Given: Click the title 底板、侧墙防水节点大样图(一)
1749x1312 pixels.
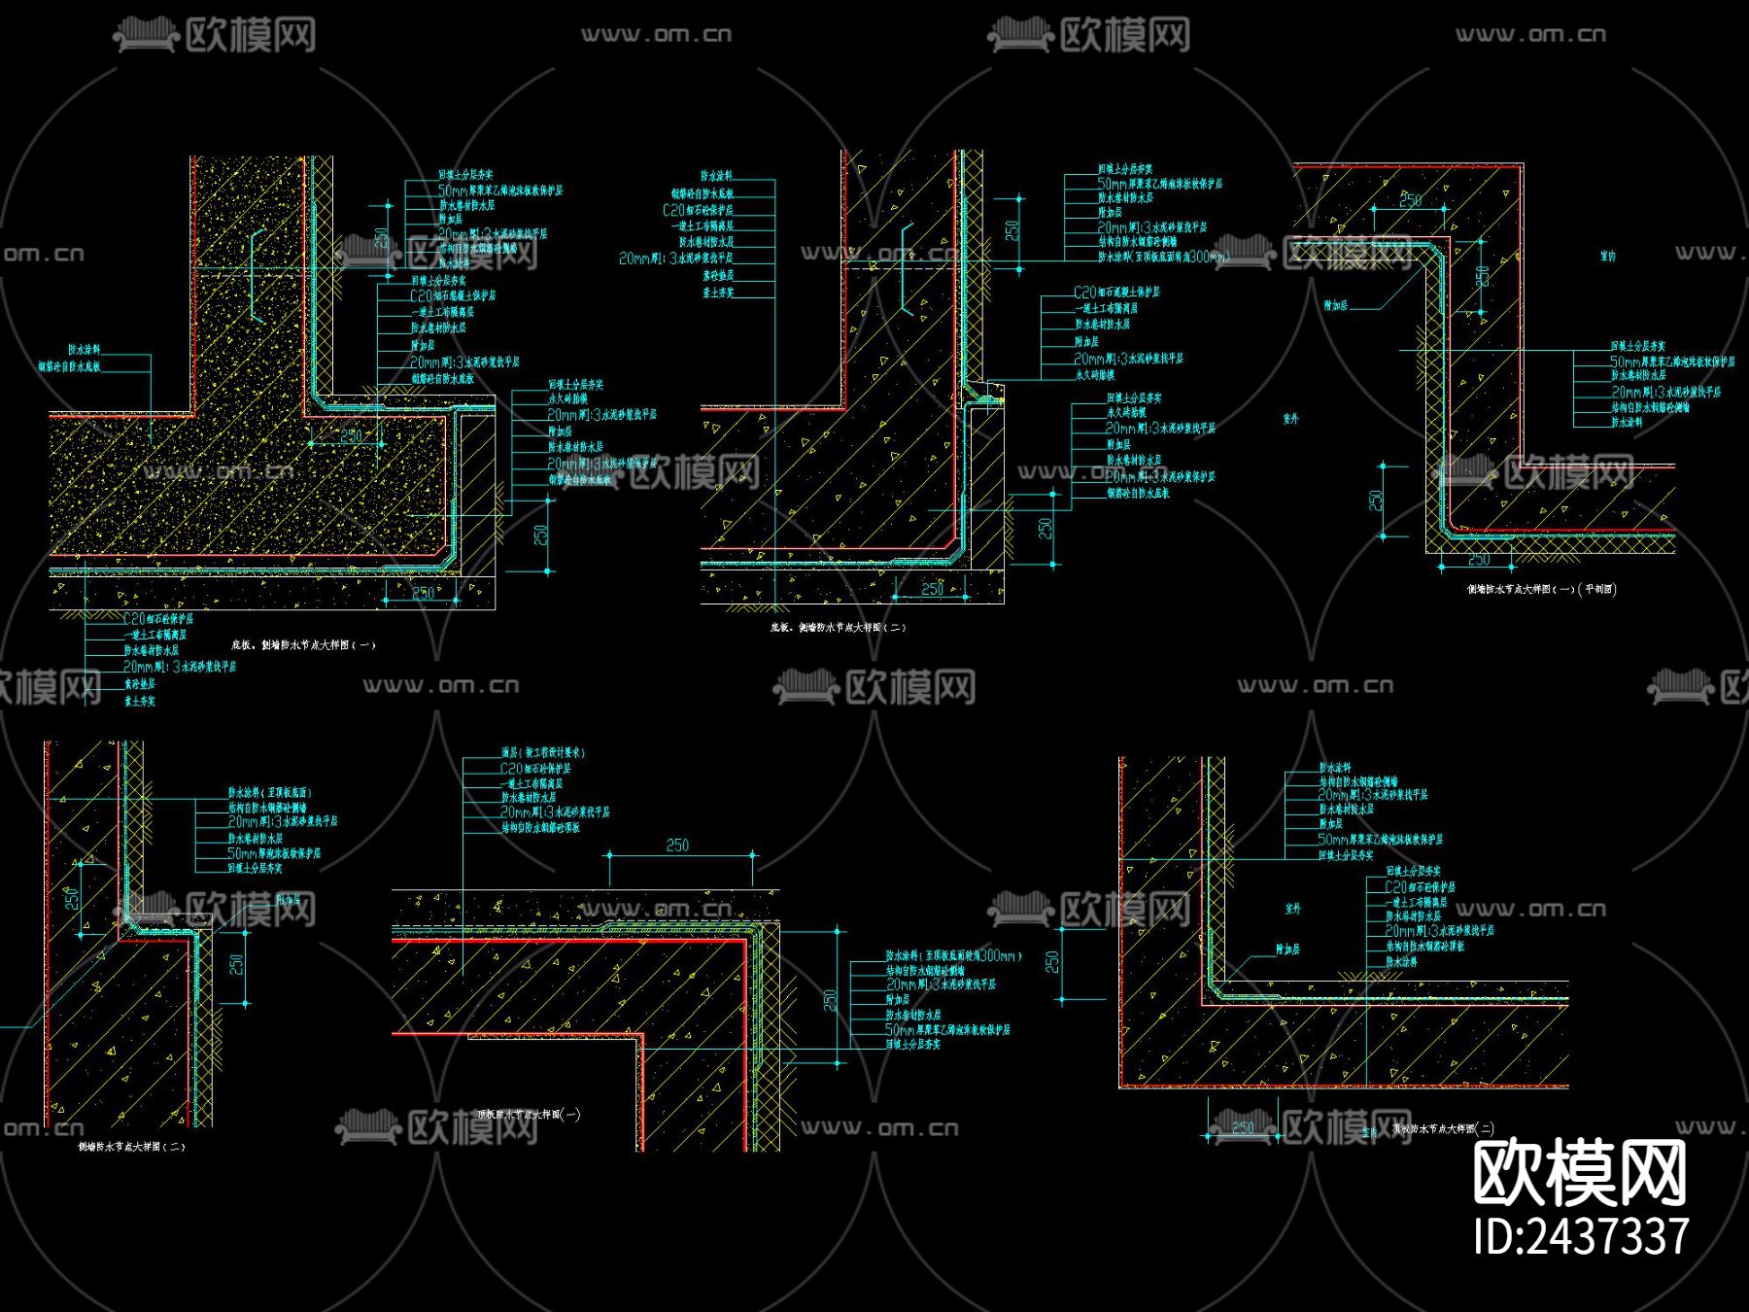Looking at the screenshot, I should (303, 644).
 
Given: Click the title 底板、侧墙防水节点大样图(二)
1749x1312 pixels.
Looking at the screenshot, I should (838, 628).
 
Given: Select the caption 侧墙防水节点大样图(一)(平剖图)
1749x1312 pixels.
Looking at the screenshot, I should (1541, 589).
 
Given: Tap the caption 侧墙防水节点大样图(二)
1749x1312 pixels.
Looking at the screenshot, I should (131, 1147).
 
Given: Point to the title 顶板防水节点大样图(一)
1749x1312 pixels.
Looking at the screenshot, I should (530, 1115).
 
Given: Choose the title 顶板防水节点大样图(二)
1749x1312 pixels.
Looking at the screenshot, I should (1443, 1129).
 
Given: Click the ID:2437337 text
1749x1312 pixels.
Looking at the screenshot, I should (1581, 1237).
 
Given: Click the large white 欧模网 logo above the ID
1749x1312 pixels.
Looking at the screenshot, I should (1579, 1174).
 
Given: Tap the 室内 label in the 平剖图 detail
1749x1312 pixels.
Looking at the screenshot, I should (1608, 257).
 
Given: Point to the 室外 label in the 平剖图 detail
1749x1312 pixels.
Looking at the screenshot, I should (1290, 419).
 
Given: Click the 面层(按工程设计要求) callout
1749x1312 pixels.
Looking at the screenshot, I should (543, 753).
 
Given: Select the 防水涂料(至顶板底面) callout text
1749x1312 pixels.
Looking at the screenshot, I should (269, 793).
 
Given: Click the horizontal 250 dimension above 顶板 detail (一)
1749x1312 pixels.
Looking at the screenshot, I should (677, 846).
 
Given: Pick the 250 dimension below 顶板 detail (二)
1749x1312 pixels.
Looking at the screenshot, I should (1243, 1128).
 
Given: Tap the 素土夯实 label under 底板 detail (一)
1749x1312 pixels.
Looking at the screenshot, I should (139, 701).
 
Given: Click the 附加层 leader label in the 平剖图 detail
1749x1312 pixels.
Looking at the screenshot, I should (1336, 306).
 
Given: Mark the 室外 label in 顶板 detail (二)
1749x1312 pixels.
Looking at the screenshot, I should (1292, 909).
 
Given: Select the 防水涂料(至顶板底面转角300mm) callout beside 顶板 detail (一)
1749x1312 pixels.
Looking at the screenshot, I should (953, 956).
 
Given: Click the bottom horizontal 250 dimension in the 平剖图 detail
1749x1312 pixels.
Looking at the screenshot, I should (1478, 560).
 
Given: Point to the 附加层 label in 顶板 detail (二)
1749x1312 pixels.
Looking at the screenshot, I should (1287, 949).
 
